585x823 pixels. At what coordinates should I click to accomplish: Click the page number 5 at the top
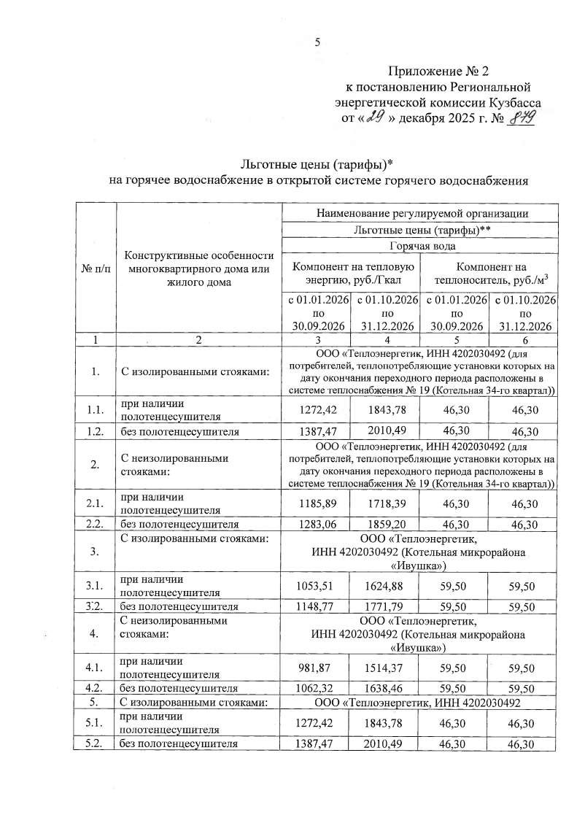pos(317,42)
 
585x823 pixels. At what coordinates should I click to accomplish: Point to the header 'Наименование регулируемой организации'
pos(422,214)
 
